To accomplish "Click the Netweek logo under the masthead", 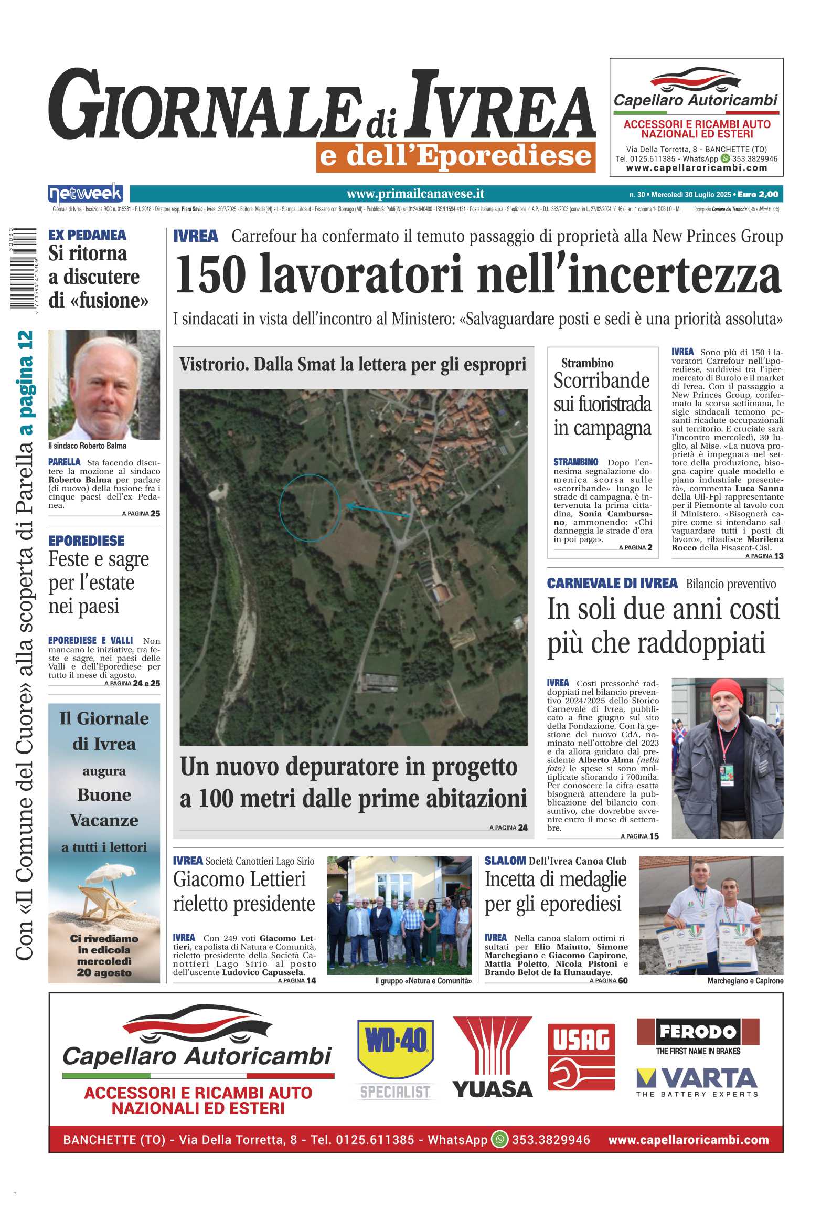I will [86, 194].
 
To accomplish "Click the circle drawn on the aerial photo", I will [310, 507].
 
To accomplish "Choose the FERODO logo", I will [697, 1032].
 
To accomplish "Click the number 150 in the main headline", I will [210, 274].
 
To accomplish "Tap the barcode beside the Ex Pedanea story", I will [23, 268].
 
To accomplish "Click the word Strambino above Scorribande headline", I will [587, 363].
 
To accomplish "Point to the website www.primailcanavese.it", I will [415, 194].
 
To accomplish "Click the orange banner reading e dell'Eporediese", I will [455, 157].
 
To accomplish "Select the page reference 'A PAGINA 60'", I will [608, 980].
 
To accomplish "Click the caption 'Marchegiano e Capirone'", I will [744, 981].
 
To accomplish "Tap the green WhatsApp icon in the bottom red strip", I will [499, 1140].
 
